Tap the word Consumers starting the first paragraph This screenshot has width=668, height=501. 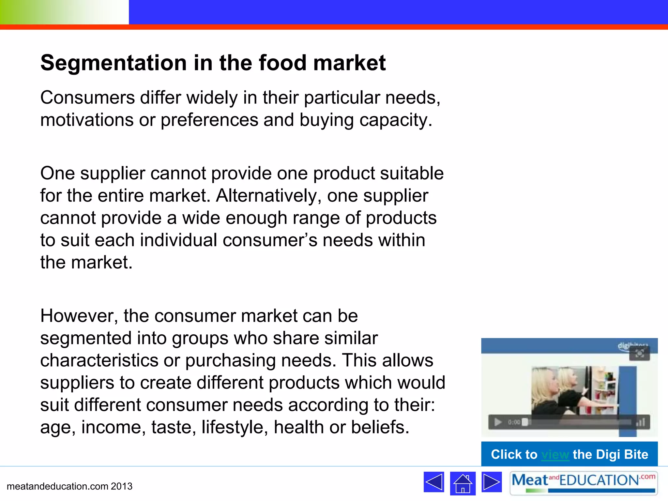click(x=87, y=98)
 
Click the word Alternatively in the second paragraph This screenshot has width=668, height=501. click(x=268, y=196)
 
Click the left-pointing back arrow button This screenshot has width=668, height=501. click(x=434, y=482)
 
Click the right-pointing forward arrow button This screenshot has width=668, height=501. click(x=492, y=482)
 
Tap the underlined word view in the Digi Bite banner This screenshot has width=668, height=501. click(x=555, y=454)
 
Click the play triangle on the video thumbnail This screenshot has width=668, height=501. click(x=498, y=422)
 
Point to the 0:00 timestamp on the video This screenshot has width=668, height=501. click(x=514, y=422)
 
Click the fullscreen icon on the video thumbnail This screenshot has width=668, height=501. click(x=639, y=354)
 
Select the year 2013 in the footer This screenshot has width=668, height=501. click(x=121, y=486)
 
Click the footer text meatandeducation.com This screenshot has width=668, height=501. click(x=57, y=486)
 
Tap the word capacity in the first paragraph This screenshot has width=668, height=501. click(x=396, y=120)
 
